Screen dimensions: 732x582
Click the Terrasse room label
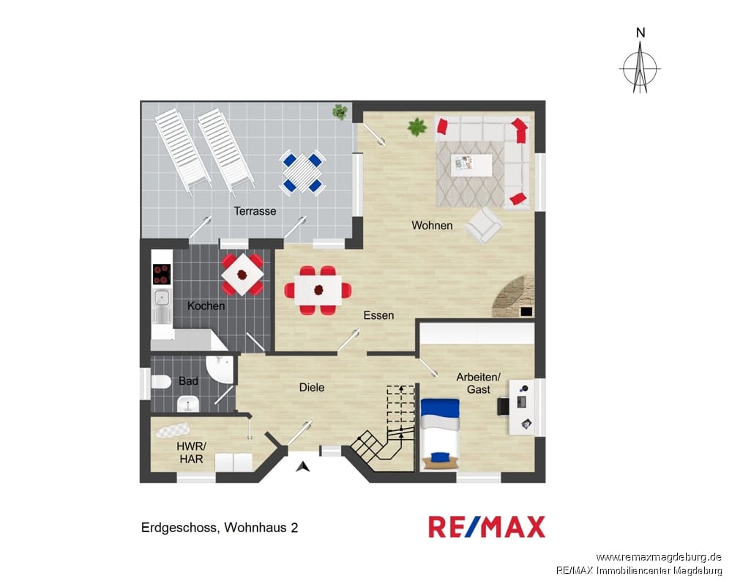point(255,211)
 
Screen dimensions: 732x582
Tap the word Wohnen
point(432,225)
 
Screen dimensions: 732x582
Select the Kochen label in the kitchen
point(206,306)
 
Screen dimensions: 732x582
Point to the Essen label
point(378,315)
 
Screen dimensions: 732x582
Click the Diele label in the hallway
point(311,387)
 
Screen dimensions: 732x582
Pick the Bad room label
point(188,381)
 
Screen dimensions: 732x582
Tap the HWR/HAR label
point(191,452)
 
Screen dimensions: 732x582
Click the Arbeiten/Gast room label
point(479,383)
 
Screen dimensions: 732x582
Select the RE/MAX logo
point(487,527)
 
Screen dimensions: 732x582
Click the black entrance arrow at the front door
point(304,466)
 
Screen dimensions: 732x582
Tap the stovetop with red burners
point(162,274)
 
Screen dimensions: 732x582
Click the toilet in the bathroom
point(161,382)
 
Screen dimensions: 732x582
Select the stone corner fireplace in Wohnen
point(513,297)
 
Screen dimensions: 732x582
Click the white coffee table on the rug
point(471,165)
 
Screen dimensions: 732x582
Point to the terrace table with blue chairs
point(302,172)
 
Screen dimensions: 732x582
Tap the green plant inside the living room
point(417,127)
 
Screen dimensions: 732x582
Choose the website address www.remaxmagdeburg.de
point(659,557)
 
